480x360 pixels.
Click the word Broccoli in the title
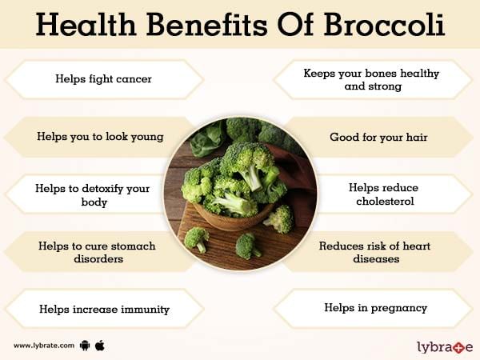(x=384, y=25)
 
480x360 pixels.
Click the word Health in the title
(x=86, y=25)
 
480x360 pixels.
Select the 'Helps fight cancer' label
(x=103, y=79)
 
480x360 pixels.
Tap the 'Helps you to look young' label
(x=100, y=137)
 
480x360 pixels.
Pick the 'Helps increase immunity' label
(x=104, y=309)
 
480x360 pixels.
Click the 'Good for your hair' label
(x=378, y=137)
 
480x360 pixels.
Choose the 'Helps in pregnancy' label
(x=376, y=308)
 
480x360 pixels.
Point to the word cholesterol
(x=385, y=201)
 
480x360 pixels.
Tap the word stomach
(x=133, y=246)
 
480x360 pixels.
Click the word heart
(x=416, y=246)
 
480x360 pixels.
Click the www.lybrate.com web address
(x=44, y=346)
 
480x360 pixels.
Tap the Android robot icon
(x=85, y=346)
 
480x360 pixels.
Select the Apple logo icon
(x=100, y=346)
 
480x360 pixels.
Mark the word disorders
(x=98, y=259)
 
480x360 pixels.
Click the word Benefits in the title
(x=207, y=25)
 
